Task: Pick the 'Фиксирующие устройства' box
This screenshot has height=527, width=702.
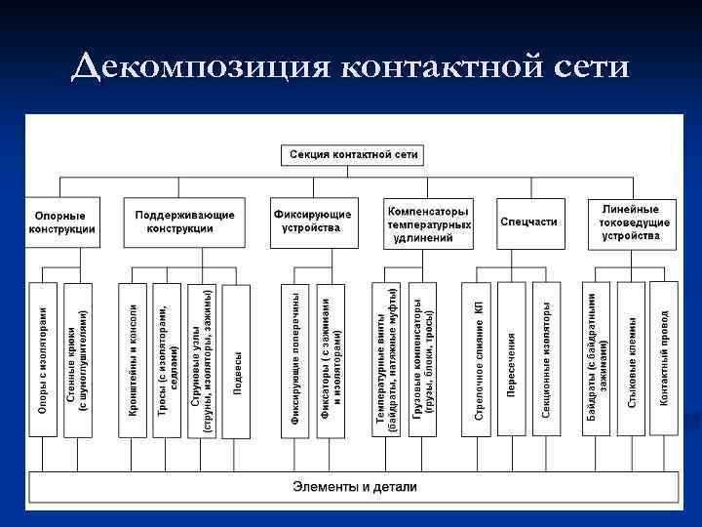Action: pos(313,222)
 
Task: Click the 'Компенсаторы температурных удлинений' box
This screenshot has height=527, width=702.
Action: pos(429,223)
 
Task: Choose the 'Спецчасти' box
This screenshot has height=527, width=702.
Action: pos(529,222)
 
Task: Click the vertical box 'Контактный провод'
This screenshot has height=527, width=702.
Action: pos(664,358)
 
